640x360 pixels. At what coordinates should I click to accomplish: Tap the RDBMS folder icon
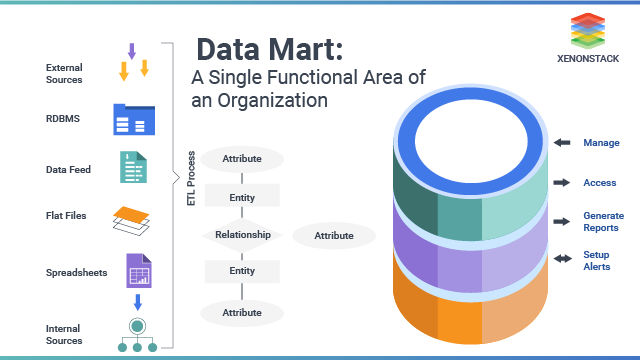point(134,118)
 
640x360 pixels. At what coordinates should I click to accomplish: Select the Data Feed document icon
point(134,167)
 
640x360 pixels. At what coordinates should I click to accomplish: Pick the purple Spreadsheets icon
point(138,271)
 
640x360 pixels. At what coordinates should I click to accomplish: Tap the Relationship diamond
point(242,236)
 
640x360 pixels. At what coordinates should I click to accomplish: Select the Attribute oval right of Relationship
point(334,236)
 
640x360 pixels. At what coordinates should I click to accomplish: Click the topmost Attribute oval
point(242,159)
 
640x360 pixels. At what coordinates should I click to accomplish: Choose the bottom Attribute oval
point(242,312)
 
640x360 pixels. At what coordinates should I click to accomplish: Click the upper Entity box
point(242,197)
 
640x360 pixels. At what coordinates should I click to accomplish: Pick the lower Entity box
point(242,271)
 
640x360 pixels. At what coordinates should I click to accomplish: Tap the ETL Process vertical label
point(191,179)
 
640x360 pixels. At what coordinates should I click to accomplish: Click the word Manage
point(601,143)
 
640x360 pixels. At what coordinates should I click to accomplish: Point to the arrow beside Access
point(563,183)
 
